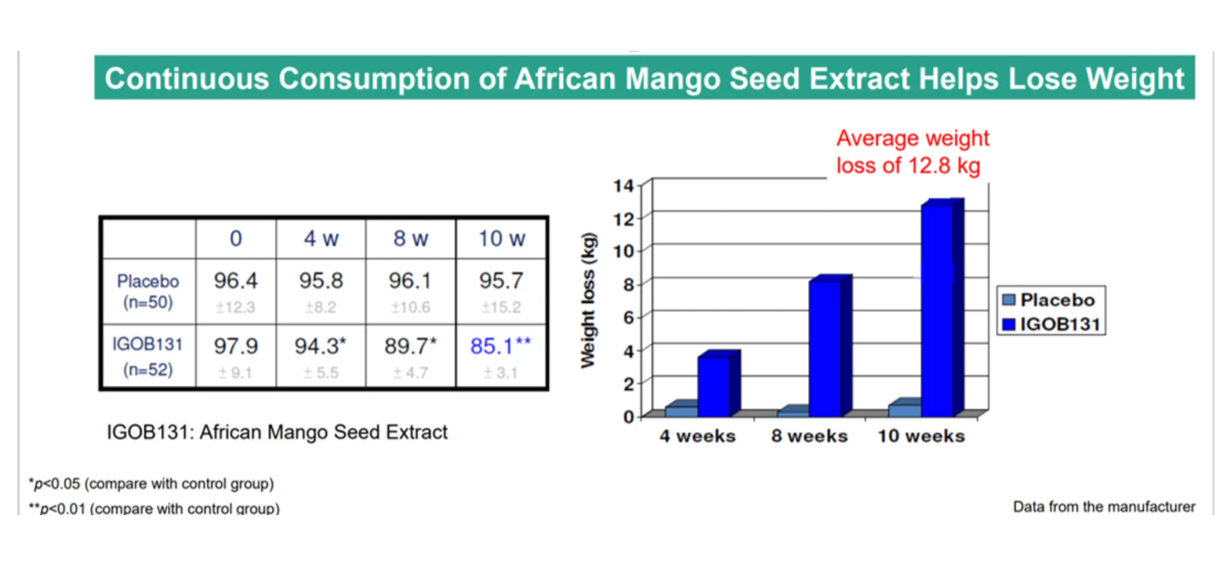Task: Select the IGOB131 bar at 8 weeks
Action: click(825, 348)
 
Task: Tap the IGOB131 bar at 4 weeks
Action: click(713, 386)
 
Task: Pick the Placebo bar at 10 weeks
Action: click(904, 410)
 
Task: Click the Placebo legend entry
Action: click(1049, 300)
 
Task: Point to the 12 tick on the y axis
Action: click(624, 219)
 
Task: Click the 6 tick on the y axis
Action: click(627, 318)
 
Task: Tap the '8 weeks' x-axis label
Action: click(809, 436)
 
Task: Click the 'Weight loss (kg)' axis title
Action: click(588, 300)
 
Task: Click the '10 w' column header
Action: click(502, 239)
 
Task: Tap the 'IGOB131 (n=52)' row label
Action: click(148, 357)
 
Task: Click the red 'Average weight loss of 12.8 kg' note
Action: click(912, 152)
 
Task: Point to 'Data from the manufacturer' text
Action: click(1104, 507)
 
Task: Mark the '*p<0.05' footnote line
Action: click(151, 484)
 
